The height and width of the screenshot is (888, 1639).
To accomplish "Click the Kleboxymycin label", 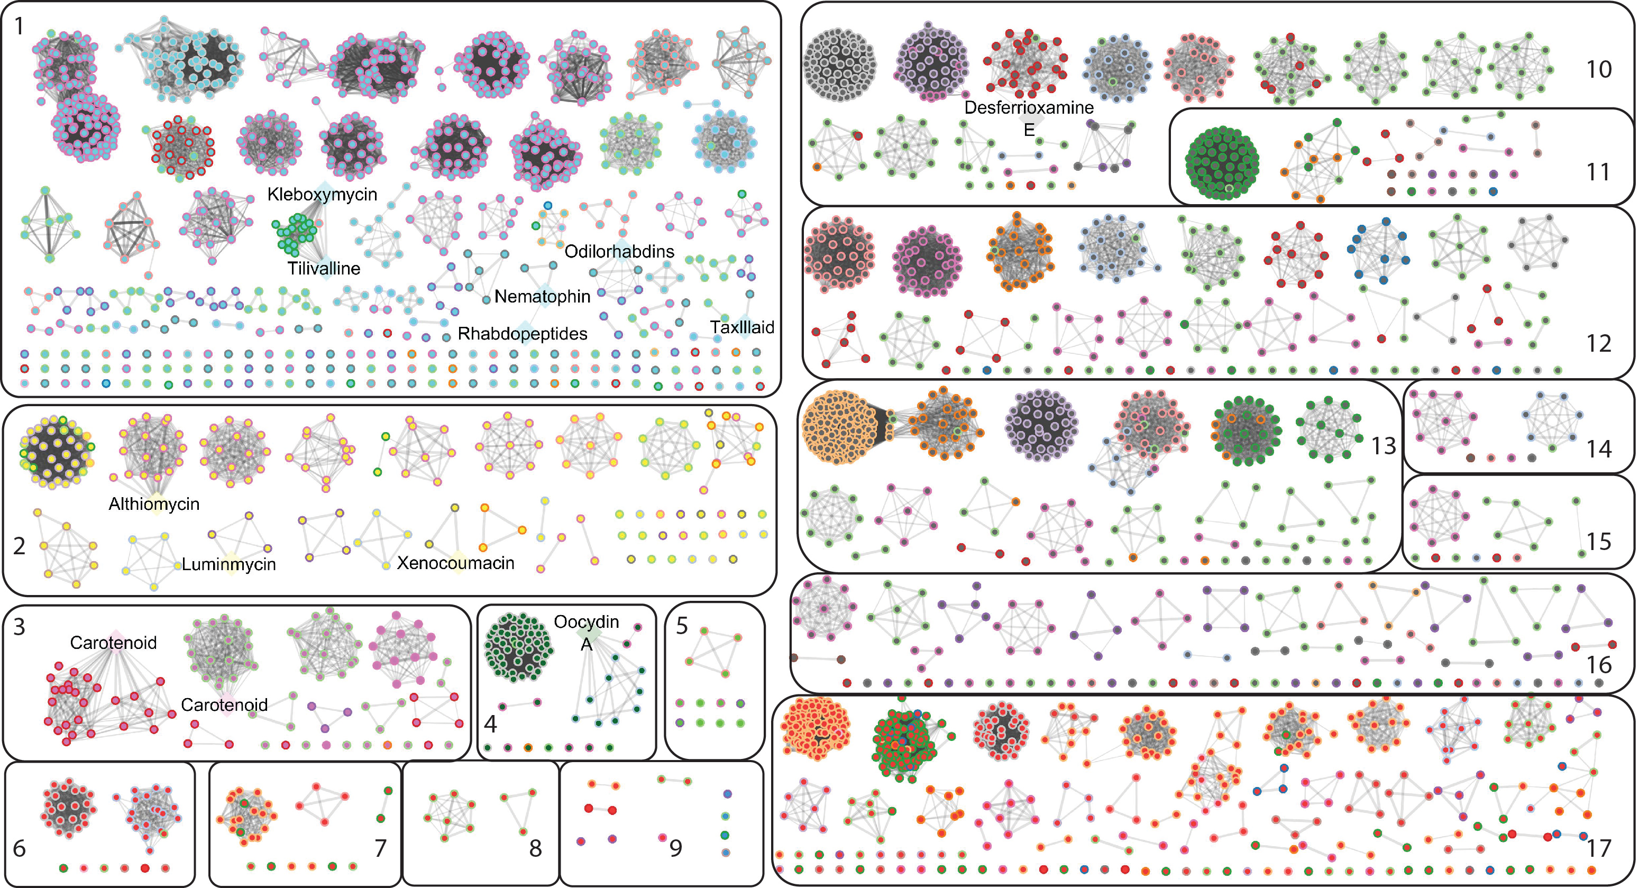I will point(322,194).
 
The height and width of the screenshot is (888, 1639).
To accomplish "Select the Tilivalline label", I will point(323,269).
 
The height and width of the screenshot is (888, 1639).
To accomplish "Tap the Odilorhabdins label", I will point(619,251).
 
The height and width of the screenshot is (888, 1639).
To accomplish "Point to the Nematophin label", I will point(542,296).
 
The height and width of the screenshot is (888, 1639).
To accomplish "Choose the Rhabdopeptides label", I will point(523,334).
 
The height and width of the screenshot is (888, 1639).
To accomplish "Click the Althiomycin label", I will point(154,504).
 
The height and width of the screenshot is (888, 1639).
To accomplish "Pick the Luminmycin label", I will point(228,564).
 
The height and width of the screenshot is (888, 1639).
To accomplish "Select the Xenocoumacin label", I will point(455,563).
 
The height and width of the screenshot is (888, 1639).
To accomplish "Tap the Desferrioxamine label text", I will point(1029,107).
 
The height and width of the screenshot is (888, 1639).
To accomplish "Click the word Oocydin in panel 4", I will point(586,621).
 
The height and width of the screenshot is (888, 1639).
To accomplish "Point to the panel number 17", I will point(1598,848).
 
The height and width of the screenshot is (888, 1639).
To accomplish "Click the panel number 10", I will point(1598,69).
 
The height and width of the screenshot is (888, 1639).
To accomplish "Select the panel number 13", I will point(1382,446).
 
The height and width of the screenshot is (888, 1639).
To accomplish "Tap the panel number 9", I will point(675,847).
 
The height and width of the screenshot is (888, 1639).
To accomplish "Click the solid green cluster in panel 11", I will point(1222,163).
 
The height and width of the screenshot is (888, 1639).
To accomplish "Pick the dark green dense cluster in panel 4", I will point(517,647).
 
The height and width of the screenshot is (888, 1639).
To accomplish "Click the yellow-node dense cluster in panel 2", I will point(57,452).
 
